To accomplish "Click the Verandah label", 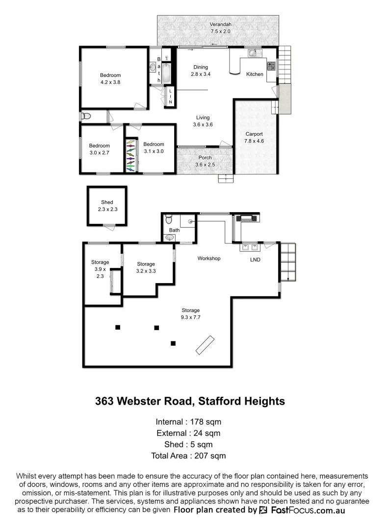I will coord(220,24).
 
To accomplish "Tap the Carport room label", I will coord(254,134).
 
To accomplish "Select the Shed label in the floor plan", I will coord(107,202).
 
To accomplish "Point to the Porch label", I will coord(205,158).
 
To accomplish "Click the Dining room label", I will coord(200,67).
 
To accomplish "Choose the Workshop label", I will coord(209,258).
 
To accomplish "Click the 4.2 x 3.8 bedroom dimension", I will coord(110,82).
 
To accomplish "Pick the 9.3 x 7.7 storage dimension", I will coord(191,317).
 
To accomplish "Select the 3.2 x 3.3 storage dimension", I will coord(146,271).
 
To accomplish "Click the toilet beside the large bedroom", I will coord(86,116).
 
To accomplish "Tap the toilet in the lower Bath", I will coord(169,218).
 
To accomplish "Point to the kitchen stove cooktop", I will coord(270,65).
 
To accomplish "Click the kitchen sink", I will coord(253,52).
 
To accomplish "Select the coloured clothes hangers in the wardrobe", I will coord(130,156).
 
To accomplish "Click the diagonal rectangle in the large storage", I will coord(205,344).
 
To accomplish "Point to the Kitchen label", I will coord(255,74).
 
